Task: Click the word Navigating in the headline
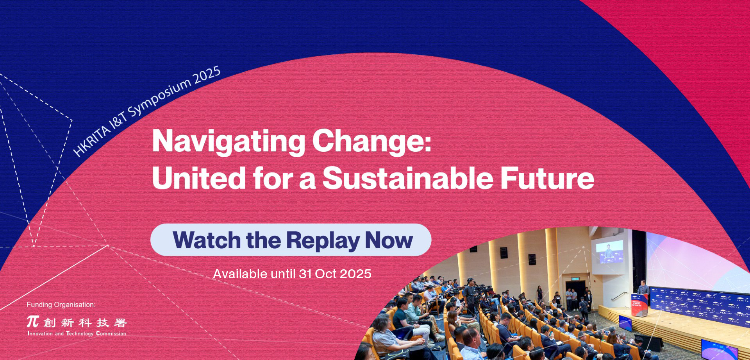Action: pyautogui.click(x=229, y=141)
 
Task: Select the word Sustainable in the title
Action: pyautogui.click(x=408, y=178)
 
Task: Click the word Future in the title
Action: pyautogui.click(x=547, y=178)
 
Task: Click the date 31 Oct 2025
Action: pyautogui.click(x=335, y=274)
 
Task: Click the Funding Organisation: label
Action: pyautogui.click(x=61, y=304)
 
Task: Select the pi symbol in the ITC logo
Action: pyautogui.click(x=33, y=322)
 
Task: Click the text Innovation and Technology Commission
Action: pyautogui.click(x=77, y=333)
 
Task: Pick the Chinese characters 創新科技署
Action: pyautogui.click(x=85, y=322)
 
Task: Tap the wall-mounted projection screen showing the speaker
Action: pyautogui.click(x=609, y=252)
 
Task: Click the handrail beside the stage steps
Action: pyautogui.click(x=619, y=296)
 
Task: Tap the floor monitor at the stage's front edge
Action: pyautogui.click(x=625, y=323)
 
